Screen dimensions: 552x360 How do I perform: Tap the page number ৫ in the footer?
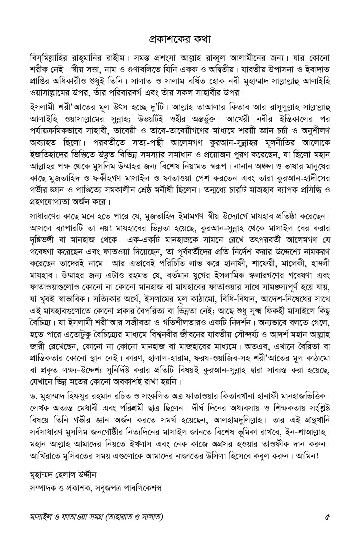click(x=328, y=516)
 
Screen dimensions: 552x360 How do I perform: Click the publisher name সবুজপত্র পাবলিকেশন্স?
click(x=132, y=488)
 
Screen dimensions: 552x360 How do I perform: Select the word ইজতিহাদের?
click(x=48, y=165)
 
